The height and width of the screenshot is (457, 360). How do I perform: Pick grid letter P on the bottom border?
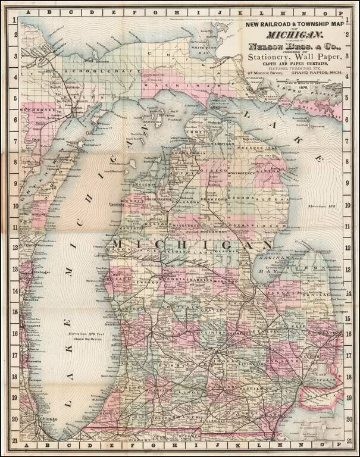tap(335, 444)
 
